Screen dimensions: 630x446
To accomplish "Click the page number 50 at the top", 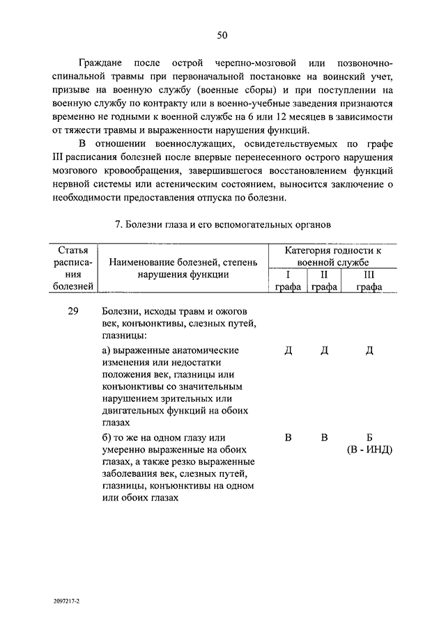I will click(222, 35).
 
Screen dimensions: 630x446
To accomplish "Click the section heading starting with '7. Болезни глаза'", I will click(222, 224).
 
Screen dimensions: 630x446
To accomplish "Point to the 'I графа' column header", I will click(287, 280).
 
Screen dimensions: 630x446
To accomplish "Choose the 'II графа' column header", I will click(324, 280).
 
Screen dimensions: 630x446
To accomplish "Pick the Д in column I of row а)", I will click(288, 350).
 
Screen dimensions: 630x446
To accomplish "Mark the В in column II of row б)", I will click(324, 437).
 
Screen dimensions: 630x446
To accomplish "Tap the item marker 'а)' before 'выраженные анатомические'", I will click(107, 350).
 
